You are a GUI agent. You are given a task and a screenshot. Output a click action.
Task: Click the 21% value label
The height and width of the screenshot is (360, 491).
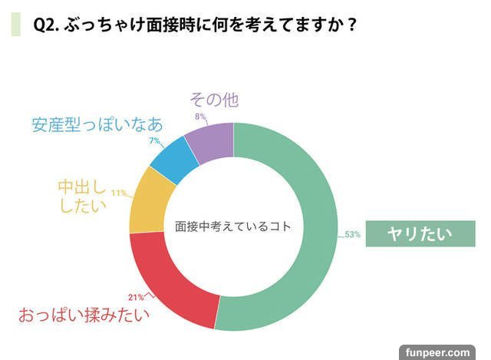136,297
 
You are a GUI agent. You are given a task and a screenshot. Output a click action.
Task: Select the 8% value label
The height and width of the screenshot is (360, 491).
199,116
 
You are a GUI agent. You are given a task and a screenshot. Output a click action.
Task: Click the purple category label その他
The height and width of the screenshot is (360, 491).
214,100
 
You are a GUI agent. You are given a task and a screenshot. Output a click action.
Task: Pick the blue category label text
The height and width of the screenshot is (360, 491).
97,124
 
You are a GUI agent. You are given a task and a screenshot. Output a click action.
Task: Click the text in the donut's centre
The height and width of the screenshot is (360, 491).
234,227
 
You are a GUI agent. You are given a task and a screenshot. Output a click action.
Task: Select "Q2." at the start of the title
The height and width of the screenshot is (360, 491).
46,24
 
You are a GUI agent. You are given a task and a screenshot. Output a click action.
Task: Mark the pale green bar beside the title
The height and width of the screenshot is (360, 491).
15,24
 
